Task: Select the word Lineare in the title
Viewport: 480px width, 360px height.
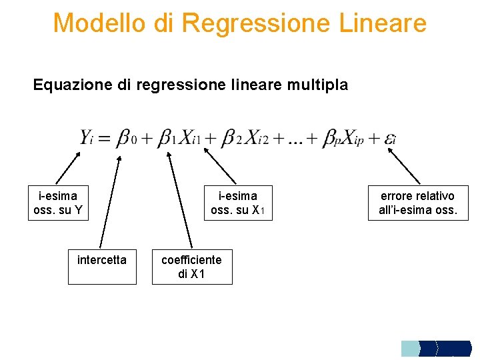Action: [382, 23]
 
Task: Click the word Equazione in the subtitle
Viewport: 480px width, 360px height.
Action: [65, 85]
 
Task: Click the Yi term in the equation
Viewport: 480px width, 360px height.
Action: [88, 139]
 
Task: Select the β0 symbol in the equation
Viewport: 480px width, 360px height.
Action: [127, 139]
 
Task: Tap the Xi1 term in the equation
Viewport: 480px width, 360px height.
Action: [189, 139]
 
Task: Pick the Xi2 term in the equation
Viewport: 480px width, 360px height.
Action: [255, 139]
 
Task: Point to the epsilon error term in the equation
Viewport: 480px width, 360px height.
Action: [391, 139]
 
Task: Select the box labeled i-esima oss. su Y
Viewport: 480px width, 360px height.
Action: [58, 203]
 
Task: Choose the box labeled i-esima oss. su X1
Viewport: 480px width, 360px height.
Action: [238, 203]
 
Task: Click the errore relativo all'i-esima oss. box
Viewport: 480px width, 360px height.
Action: [417, 203]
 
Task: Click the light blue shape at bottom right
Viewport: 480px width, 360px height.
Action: [410, 348]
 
